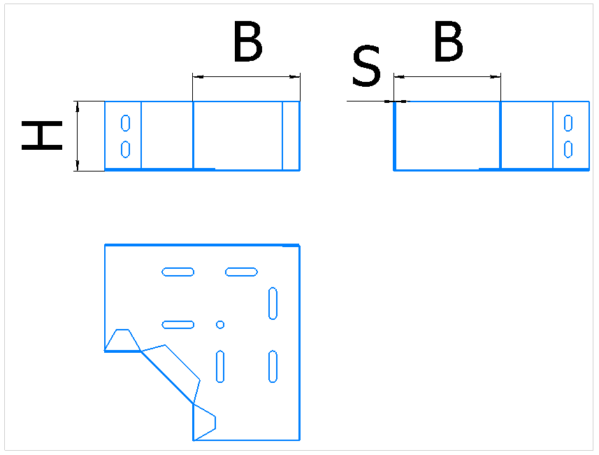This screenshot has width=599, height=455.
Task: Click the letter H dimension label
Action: (42, 136)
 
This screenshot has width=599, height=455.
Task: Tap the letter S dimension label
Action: (366, 65)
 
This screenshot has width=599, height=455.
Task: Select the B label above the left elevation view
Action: (248, 41)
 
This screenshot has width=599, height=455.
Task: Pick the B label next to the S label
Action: (449, 41)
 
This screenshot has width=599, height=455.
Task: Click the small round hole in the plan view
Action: (220, 325)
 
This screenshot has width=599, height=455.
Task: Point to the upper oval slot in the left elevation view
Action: (125, 122)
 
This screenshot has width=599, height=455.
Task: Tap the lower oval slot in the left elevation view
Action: (125, 149)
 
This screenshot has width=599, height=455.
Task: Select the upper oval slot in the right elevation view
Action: (568, 122)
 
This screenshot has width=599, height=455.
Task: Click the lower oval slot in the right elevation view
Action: (568, 149)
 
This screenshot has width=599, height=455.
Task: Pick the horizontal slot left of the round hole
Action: (178, 325)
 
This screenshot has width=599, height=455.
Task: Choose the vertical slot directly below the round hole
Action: (220, 366)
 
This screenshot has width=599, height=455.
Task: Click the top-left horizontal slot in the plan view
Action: (178, 272)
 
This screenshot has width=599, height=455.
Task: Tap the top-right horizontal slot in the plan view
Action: (241, 272)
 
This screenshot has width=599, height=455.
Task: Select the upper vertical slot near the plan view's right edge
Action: (273, 303)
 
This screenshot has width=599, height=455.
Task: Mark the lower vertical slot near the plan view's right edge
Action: (273, 366)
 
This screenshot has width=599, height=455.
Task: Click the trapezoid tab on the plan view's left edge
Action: (122, 339)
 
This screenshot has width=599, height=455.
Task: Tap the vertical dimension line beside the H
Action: (78, 136)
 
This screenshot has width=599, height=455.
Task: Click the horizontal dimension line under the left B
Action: (247, 76)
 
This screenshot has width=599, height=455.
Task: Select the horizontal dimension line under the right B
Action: (447, 76)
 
